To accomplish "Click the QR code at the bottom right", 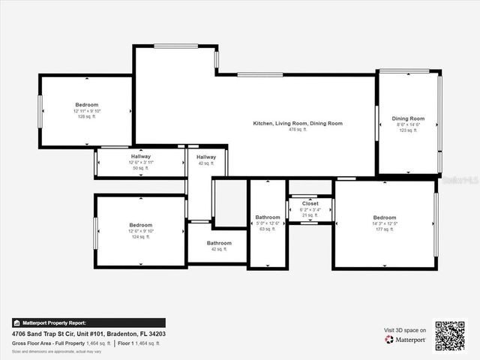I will (x=450, y=336).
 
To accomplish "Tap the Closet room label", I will (x=310, y=203).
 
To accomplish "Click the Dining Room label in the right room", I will (x=408, y=118).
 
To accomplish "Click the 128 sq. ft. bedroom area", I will (x=86, y=117).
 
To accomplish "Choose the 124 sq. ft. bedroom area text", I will (x=140, y=237).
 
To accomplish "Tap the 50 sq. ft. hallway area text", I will (x=140, y=168).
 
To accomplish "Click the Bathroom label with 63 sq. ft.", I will (x=267, y=217).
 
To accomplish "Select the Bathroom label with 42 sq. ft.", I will (x=219, y=243).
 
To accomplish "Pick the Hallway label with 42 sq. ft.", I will (x=206, y=157).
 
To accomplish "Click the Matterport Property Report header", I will (x=54, y=322).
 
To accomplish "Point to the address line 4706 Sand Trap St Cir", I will (x=88, y=333).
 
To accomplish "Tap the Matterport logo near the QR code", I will (x=406, y=340).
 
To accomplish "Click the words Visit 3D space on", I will (x=405, y=330).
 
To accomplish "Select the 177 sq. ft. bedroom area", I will (x=384, y=229).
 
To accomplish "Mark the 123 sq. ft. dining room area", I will (x=408, y=130).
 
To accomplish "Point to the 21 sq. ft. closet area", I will (x=310, y=215).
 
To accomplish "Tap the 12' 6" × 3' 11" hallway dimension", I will (x=140, y=162).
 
